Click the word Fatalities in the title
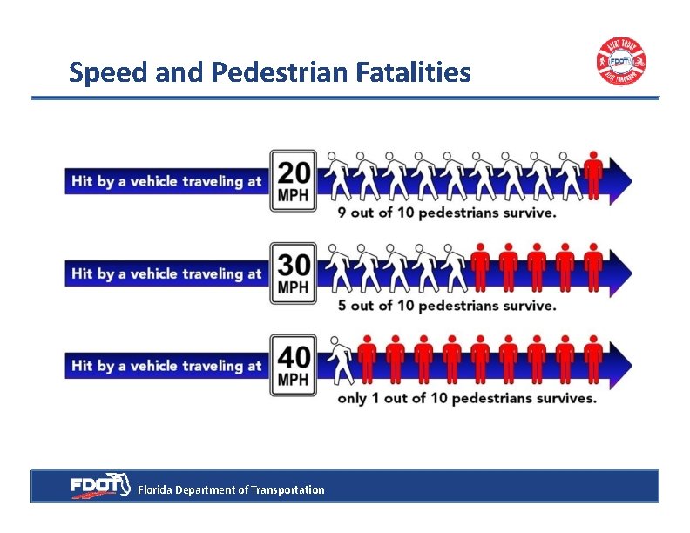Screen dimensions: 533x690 414,72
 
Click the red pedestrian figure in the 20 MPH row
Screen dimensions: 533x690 593,175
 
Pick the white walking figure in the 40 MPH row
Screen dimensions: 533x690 340,360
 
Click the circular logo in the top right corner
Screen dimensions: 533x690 621,62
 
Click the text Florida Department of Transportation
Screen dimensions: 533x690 231,490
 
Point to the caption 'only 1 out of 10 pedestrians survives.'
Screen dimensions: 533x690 468,398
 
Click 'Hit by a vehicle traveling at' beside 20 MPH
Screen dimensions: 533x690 166,181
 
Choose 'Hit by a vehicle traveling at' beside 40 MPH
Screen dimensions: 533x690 166,366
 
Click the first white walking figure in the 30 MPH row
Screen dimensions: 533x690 340,267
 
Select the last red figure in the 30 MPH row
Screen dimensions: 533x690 593,267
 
